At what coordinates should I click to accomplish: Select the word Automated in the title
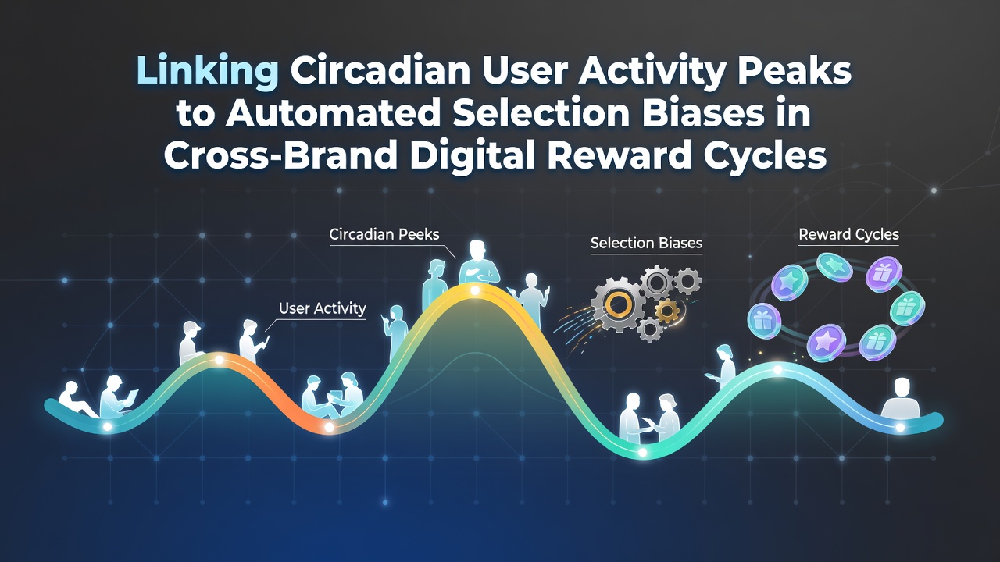[x=333, y=113]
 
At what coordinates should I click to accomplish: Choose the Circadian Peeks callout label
[x=384, y=234]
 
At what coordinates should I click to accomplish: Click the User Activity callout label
[x=323, y=308]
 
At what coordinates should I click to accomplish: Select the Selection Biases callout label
[x=646, y=243]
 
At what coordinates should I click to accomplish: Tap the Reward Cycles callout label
[x=848, y=235]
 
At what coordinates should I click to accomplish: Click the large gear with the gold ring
[x=618, y=304]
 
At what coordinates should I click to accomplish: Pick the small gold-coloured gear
[x=667, y=311]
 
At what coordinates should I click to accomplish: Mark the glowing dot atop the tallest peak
[x=475, y=291]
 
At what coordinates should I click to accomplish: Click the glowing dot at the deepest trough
[x=642, y=453]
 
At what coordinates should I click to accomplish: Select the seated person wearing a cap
[x=191, y=343]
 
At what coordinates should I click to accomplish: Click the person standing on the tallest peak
[x=479, y=262]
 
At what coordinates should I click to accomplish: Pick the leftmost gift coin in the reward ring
[x=764, y=321]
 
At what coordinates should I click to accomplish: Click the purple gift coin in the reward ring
[x=884, y=274]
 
